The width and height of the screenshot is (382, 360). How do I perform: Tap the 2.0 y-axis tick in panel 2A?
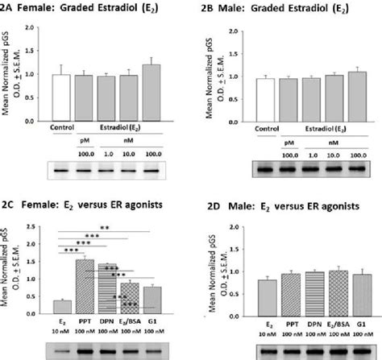coord(31,27)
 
